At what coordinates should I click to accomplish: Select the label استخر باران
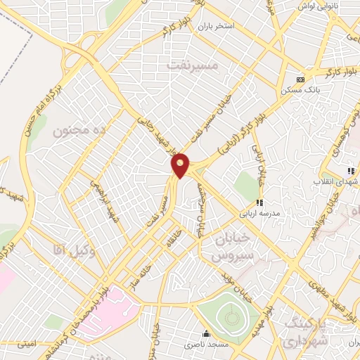(215, 26)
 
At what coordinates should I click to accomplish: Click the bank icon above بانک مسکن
(300, 79)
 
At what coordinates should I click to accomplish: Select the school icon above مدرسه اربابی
(260, 202)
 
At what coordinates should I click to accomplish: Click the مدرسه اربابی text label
(261, 212)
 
